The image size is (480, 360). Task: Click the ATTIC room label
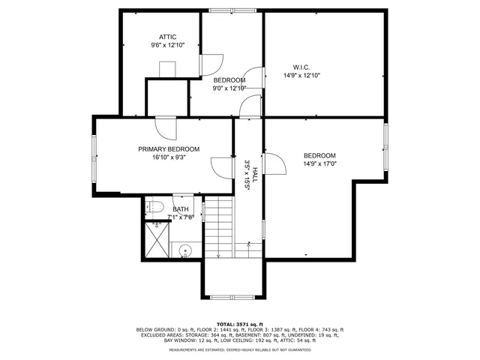click(x=167, y=37)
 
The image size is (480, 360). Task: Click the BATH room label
click(x=181, y=209)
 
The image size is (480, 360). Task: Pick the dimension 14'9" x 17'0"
click(x=319, y=163)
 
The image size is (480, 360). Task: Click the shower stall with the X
click(x=157, y=240)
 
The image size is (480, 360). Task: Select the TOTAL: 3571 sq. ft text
click(x=239, y=323)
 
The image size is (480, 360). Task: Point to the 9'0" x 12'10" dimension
click(x=229, y=88)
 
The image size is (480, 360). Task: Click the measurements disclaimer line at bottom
click(x=239, y=349)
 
